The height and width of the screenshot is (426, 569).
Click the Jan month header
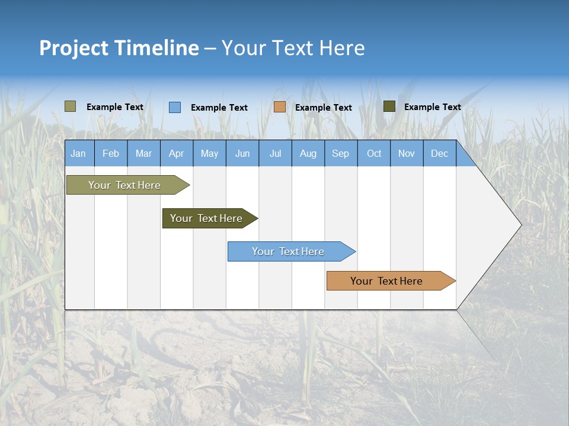[x=79, y=153]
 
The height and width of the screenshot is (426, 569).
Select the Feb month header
[x=111, y=153]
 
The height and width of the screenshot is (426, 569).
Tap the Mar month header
[x=143, y=153]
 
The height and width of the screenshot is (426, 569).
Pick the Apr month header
[x=177, y=153]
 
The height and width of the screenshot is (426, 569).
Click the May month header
[x=209, y=153]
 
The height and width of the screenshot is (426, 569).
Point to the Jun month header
[x=242, y=153]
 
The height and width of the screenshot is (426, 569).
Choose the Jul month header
[x=275, y=153]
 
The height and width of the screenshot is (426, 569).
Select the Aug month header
[x=308, y=153]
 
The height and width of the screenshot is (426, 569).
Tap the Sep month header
[x=341, y=153]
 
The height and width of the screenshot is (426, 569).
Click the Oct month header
[x=374, y=153]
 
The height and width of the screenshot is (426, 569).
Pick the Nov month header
[x=407, y=153]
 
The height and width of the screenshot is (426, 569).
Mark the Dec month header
[x=440, y=153]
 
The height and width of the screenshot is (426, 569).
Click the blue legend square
[x=175, y=107]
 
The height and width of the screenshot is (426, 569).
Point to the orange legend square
[x=280, y=107]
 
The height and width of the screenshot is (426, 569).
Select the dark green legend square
[x=389, y=106]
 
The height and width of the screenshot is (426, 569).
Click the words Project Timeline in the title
[x=119, y=48]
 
